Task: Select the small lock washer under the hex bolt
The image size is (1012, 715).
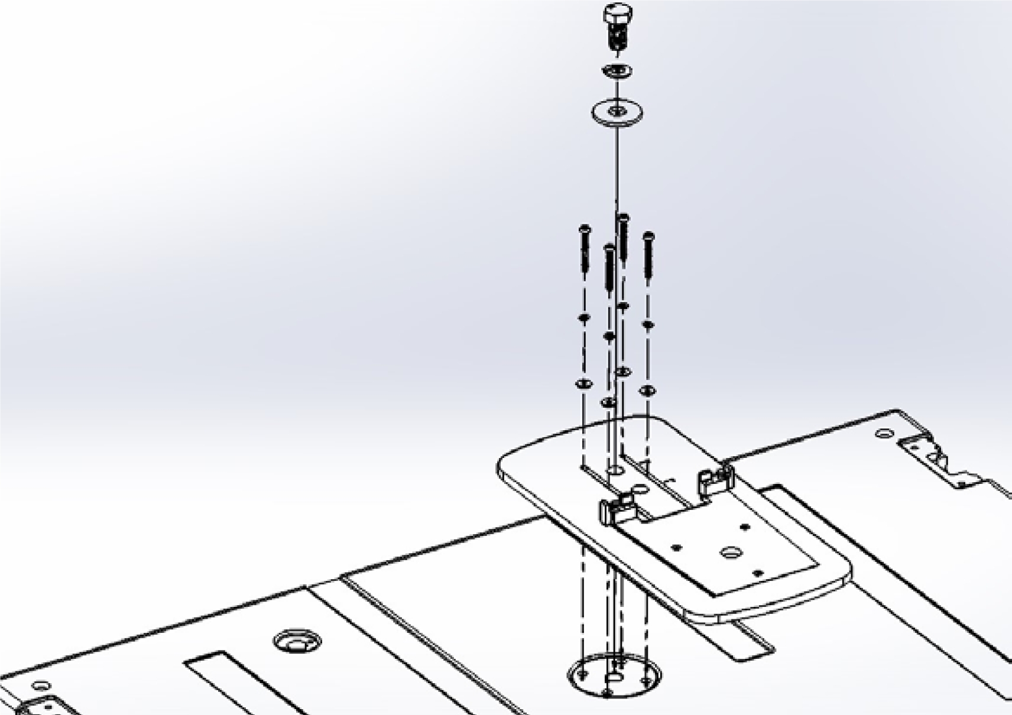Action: click(x=617, y=71)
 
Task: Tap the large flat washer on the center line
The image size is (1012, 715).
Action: click(x=617, y=112)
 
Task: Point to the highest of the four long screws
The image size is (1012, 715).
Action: click(x=622, y=236)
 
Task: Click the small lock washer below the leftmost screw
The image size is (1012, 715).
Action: click(x=584, y=318)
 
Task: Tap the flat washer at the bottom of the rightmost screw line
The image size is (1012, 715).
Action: click(x=648, y=390)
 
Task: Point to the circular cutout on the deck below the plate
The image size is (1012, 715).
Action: click(x=614, y=675)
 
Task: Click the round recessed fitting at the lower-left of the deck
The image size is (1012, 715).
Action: click(x=297, y=641)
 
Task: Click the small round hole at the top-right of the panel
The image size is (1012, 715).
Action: click(x=884, y=433)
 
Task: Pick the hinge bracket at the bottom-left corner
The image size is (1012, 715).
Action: click(x=44, y=706)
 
